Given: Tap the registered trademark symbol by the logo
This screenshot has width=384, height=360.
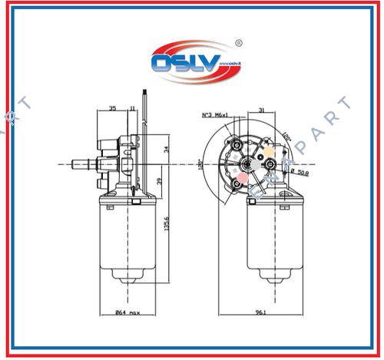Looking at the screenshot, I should click(238, 44).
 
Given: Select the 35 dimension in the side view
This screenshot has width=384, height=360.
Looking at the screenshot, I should click(112, 110).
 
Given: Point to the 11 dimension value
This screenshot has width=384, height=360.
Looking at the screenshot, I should click(134, 110).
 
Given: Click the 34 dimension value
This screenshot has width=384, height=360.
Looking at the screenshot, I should click(168, 148).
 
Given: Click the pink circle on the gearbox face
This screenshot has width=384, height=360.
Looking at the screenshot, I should click(243, 178).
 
